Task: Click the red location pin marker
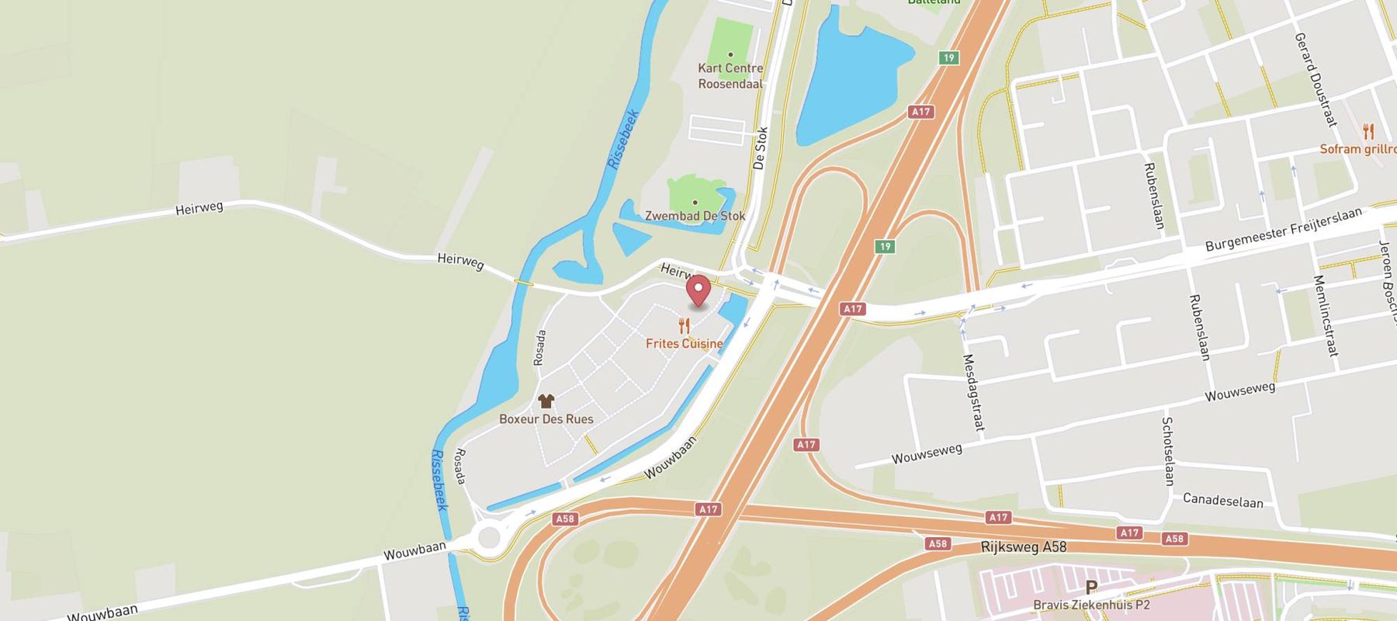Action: [x=699, y=291]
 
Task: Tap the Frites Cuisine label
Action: [x=684, y=343]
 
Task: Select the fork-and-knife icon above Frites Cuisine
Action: [x=684, y=325]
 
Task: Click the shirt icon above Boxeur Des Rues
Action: [x=546, y=401]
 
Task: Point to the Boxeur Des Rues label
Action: [x=546, y=419]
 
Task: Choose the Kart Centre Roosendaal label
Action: [x=730, y=76]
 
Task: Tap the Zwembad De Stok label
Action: [x=695, y=216]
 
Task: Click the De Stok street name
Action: [x=760, y=147]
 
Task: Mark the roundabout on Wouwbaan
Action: [x=489, y=536]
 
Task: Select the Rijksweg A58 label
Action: [x=1023, y=547]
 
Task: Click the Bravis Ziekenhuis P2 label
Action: [x=1091, y=605]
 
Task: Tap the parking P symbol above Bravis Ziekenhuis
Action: [x=1091, y=588]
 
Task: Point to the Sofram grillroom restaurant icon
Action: [x=1368, y=131]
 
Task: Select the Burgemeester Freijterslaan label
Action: [x=1283, y=230]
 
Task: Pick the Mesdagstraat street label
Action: [x=973, y=392]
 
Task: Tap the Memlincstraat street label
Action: [x=1326, y=315]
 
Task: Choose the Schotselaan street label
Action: [x=1169, y=451]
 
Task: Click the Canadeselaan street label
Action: [x=1222, y=500]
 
